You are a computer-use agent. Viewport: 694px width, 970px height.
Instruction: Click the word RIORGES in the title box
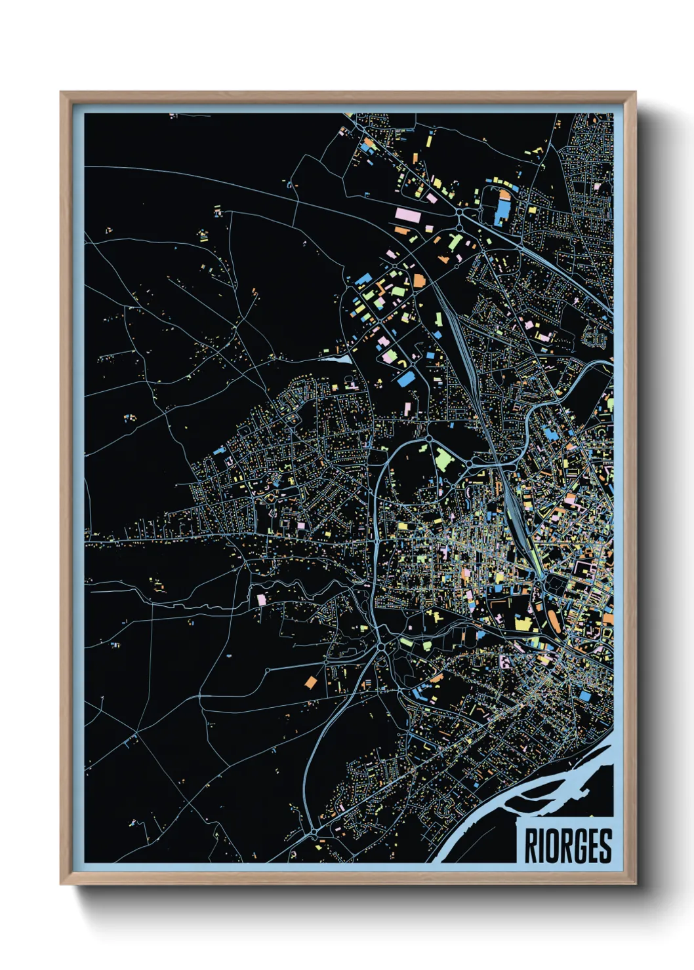(x=568, y=846)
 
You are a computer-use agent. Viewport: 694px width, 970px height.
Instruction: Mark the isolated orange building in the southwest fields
(x=310, y=682)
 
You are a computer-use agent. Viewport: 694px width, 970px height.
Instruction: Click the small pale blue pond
(x=336, y=359)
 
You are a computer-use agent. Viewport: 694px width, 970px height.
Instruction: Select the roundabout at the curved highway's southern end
(x=314, y=832)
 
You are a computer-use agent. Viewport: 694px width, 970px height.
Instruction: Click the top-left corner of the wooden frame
(x=62, y=94)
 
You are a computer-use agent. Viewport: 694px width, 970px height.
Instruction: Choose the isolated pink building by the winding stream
(x=262, y=599)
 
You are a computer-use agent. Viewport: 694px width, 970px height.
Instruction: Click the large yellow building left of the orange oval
(x=523, y=623)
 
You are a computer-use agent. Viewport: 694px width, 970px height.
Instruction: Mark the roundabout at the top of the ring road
(x=428, y=438)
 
